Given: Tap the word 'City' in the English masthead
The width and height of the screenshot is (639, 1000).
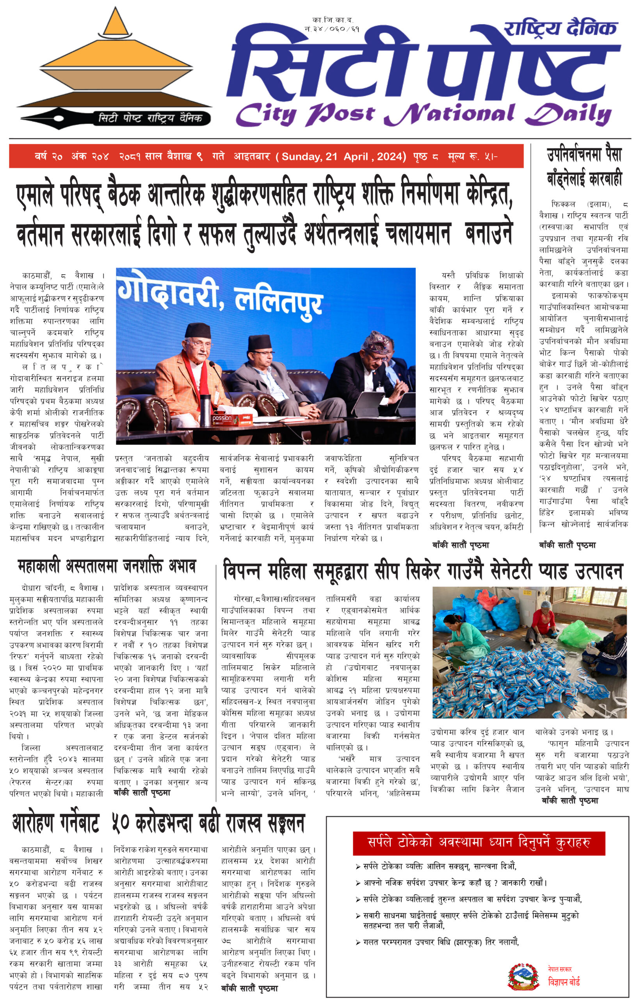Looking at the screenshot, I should (265, 114).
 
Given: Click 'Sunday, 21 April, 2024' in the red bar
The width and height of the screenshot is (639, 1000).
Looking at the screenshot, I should (344, 157).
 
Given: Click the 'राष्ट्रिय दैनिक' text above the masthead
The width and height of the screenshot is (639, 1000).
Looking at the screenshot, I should (560, 28).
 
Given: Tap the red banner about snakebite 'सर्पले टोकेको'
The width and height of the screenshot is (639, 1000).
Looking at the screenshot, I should (479, 843).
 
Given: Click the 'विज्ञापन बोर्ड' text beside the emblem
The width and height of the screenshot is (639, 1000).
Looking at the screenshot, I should (564, 982).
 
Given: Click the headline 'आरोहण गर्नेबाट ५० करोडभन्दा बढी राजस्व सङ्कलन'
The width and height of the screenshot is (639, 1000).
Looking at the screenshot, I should (158, 823).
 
